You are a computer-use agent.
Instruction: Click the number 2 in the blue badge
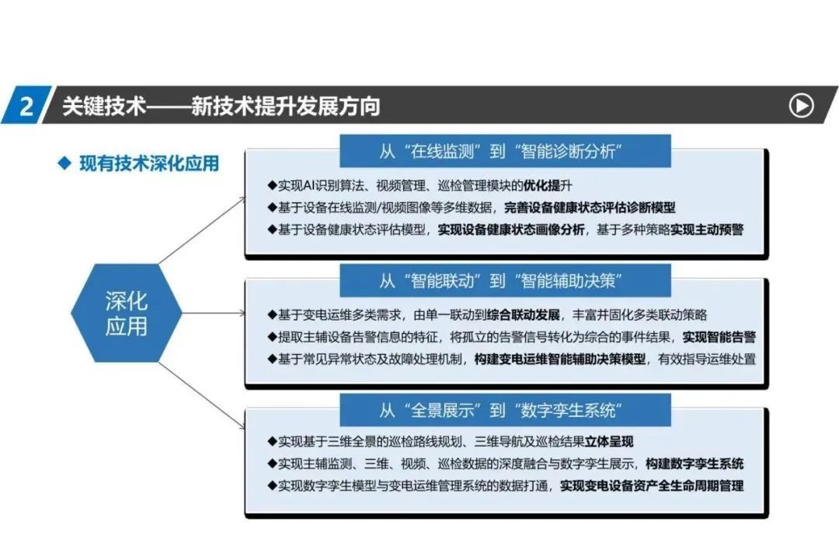click(x=26, y=106)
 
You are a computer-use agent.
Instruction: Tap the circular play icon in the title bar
click(x=801, y=106)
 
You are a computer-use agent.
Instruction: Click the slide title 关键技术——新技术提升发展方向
click(x=221, y=106)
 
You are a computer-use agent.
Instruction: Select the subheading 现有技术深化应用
click(x=149, y=163)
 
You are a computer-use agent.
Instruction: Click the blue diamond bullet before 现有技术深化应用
click(x=64, y=163)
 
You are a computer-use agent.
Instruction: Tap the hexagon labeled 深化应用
click(x=127, y=313)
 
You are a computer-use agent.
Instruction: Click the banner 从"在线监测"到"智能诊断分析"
click(x=505, y=151)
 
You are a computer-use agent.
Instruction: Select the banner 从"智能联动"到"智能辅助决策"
click(x=505, y=280)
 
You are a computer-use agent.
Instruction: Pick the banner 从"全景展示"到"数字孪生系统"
click(x=505, y=410)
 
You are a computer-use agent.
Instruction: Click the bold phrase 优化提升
click(x=541, y=185)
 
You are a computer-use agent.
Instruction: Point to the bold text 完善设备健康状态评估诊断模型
click(x=590, y=208)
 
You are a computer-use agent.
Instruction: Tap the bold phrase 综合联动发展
click(x=523, y=314)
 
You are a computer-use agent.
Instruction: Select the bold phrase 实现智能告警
click(x=719, y=337)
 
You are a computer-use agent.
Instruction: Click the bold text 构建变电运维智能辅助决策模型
click(x=559, y=359)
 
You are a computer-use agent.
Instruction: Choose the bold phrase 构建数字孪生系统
click(x=695, y=464)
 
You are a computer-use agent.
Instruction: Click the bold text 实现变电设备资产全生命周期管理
click(x=652, y=485)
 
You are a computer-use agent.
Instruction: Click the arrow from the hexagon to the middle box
click(x=214, y=313)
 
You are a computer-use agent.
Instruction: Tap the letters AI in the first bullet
click(x=308, y=185)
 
